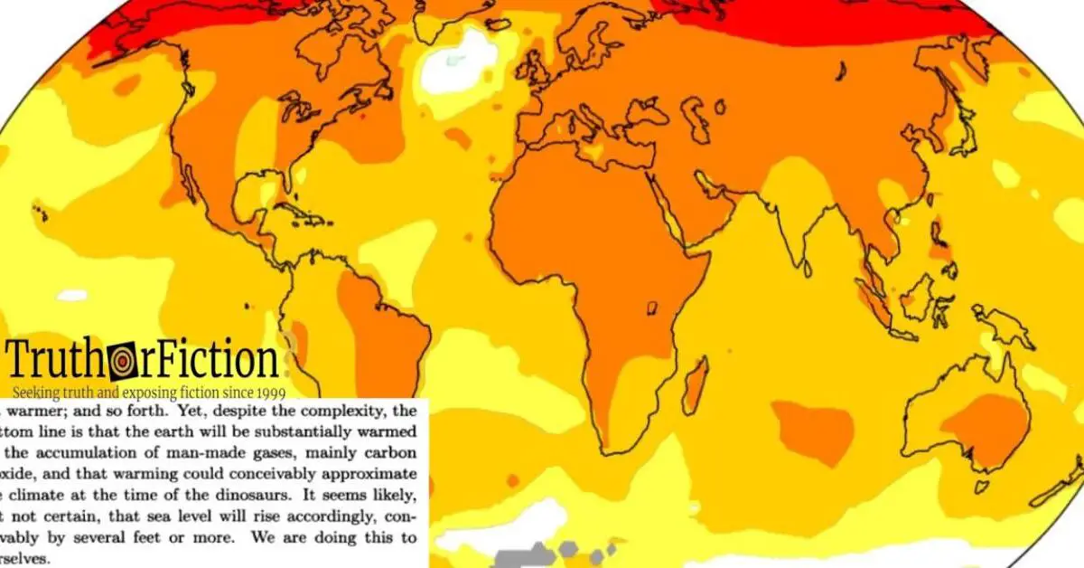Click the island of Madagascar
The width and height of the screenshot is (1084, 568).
tap(694, 384)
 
